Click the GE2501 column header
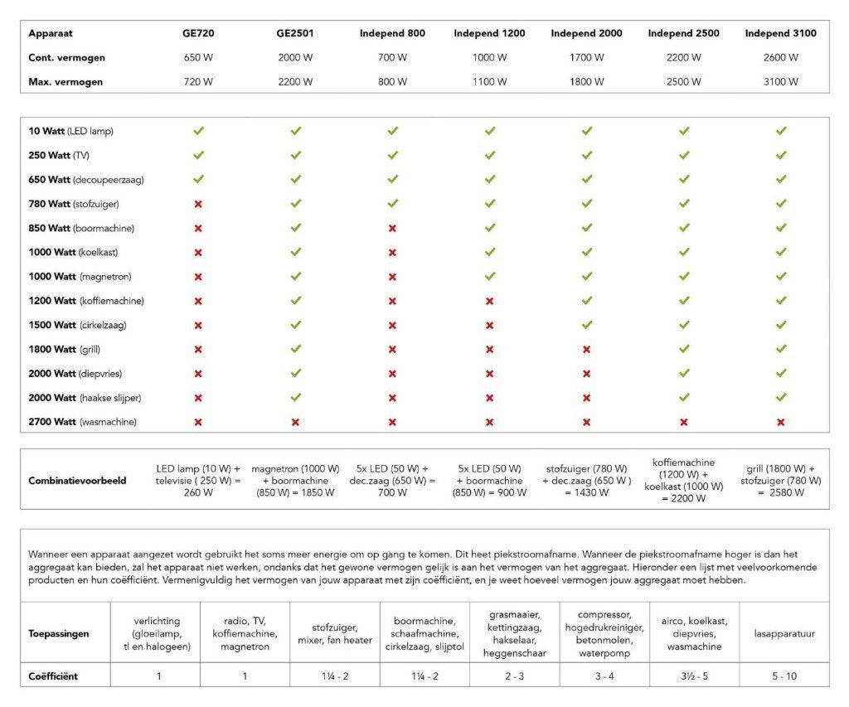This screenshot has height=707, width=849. [295, 33]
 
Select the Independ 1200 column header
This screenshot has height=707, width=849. [489, 33]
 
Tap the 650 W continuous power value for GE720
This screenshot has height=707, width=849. [198, 57]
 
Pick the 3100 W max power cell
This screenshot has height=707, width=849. [781, 82]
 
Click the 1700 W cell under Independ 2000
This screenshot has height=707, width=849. [586, 57]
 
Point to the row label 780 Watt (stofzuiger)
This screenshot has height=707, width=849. [74, 204]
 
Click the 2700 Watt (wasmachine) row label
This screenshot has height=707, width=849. [82, 422]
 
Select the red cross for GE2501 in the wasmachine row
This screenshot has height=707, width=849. [295, 422]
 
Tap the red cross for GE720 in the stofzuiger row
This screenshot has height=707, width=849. [198, 204]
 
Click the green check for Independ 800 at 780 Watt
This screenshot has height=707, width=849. [392, 204]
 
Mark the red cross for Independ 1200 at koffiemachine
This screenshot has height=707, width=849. [489, 301]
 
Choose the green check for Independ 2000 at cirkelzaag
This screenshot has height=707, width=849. [587, 325]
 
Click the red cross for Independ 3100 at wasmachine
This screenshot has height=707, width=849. [781, 422]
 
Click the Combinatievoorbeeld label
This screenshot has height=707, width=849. [77, 481]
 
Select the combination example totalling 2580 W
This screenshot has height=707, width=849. [781, 481]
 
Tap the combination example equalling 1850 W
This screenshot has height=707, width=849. [296, 481]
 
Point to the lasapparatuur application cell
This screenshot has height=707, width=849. [784, 633]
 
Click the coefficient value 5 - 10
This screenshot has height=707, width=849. [784, 676]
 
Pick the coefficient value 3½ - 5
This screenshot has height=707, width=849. [694, 676]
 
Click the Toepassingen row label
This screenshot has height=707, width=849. [59, 634]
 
